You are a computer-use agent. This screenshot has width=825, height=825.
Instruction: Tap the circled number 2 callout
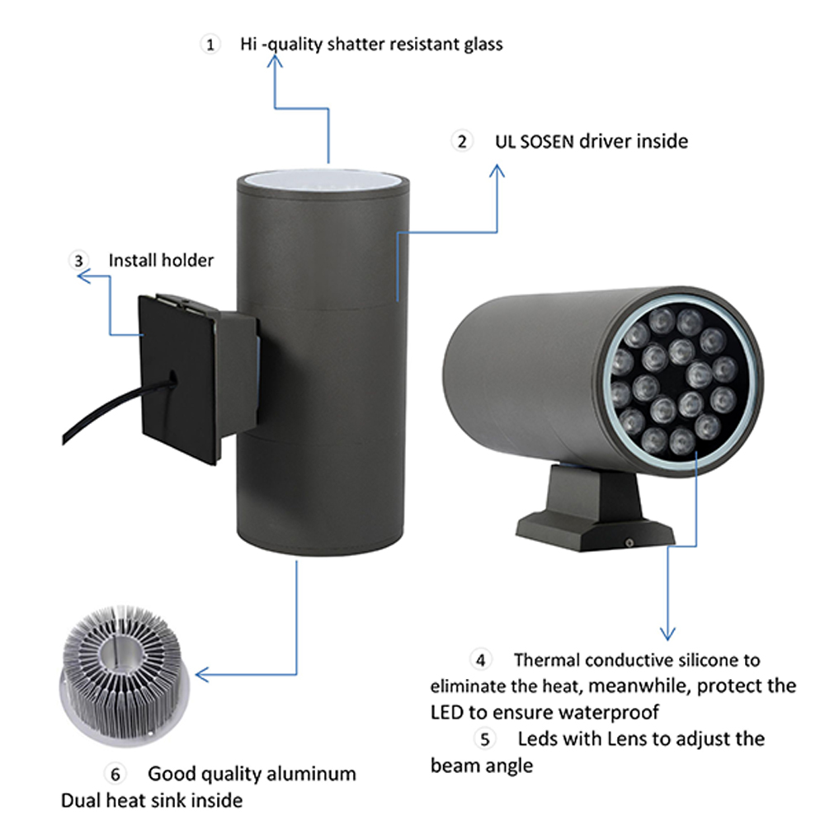click(x=462, y=141)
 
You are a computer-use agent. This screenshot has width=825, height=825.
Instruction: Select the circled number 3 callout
click(x=78, y=261)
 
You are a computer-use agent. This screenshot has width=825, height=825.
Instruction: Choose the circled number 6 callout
click(x=115, y=774)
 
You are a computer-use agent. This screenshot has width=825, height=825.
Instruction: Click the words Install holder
click(x=161, y=261)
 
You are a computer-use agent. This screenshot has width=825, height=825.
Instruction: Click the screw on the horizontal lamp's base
click(x=629, y=542)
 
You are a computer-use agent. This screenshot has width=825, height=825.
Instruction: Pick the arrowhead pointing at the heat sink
click(x=200, y=675)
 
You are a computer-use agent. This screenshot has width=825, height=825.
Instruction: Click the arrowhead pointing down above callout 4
click(x=667, y=633)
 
